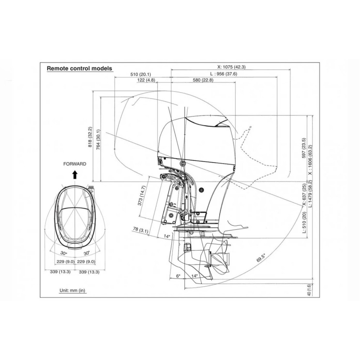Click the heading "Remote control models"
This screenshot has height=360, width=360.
[x=80, y=68]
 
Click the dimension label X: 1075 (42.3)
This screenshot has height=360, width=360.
[x=231, y=67]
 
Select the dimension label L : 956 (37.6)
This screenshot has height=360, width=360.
[x=224, y=74]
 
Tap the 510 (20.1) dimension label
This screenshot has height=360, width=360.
[x=141, y=74]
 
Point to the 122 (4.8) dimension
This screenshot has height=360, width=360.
[x=146, y=80]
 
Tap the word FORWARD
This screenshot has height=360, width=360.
[x=75, y=164]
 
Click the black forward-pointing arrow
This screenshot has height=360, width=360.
[x=75, y=175]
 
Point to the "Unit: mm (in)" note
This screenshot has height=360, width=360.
[x=72, y=290]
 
